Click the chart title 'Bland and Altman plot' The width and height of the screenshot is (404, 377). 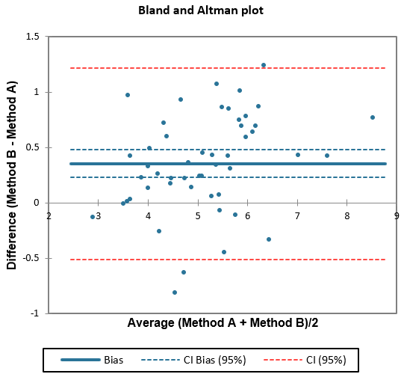click(201, 11)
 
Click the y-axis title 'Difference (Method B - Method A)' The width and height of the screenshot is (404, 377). click(12, 175)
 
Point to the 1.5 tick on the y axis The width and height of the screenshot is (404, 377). click(32, 37)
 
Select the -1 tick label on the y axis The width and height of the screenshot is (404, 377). click(34, 313)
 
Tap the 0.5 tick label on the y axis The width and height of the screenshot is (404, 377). click(32, 147)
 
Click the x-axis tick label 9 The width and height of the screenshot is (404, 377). click(397, 216)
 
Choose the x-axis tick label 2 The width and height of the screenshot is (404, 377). click(49, 216)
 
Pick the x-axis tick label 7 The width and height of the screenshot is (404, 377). click(297, 216)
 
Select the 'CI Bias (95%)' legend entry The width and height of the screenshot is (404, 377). click(194, 360)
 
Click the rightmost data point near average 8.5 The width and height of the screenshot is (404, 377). click(372, 117)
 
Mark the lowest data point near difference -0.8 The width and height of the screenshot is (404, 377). click(175, 292)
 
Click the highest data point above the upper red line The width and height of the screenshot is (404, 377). click(263, 65)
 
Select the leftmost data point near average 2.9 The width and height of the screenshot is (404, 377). click(93, 217)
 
